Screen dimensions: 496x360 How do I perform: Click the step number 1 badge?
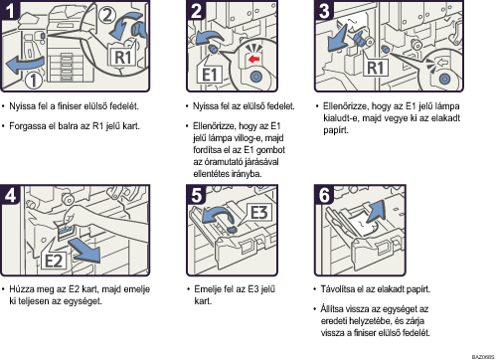tap(9, 10)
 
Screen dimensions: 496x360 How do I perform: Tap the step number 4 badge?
tap(10, 195)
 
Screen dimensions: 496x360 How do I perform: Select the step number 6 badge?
tap(324, 195)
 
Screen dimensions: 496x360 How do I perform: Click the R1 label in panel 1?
tap(123, 58)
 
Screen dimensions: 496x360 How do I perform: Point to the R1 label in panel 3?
tap(376, 68)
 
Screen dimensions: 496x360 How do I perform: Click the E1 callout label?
tap(210, 75)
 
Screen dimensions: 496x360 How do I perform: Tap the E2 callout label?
tap(54, 261)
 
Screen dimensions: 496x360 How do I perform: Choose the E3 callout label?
tap(258, 213)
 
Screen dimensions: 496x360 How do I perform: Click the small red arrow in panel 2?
tap(253, 60)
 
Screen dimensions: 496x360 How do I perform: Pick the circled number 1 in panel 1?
tap(34, 81)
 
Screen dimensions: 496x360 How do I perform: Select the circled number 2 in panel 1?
tap(106, 15)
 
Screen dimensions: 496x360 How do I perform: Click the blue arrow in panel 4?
tap(84, 251)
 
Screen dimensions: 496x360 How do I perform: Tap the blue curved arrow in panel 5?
tap(218, 215)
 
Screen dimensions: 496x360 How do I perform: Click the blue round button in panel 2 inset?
tap(255, 77)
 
